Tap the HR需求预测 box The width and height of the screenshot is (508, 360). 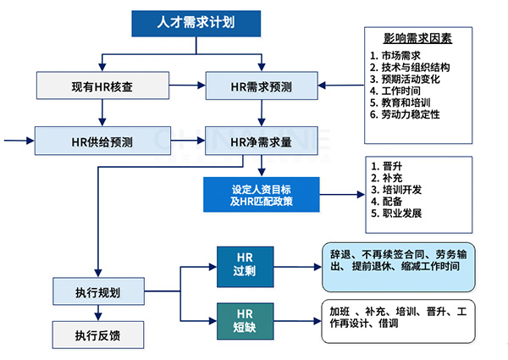coord(262,86)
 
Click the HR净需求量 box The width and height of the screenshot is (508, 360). coord(262,141)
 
